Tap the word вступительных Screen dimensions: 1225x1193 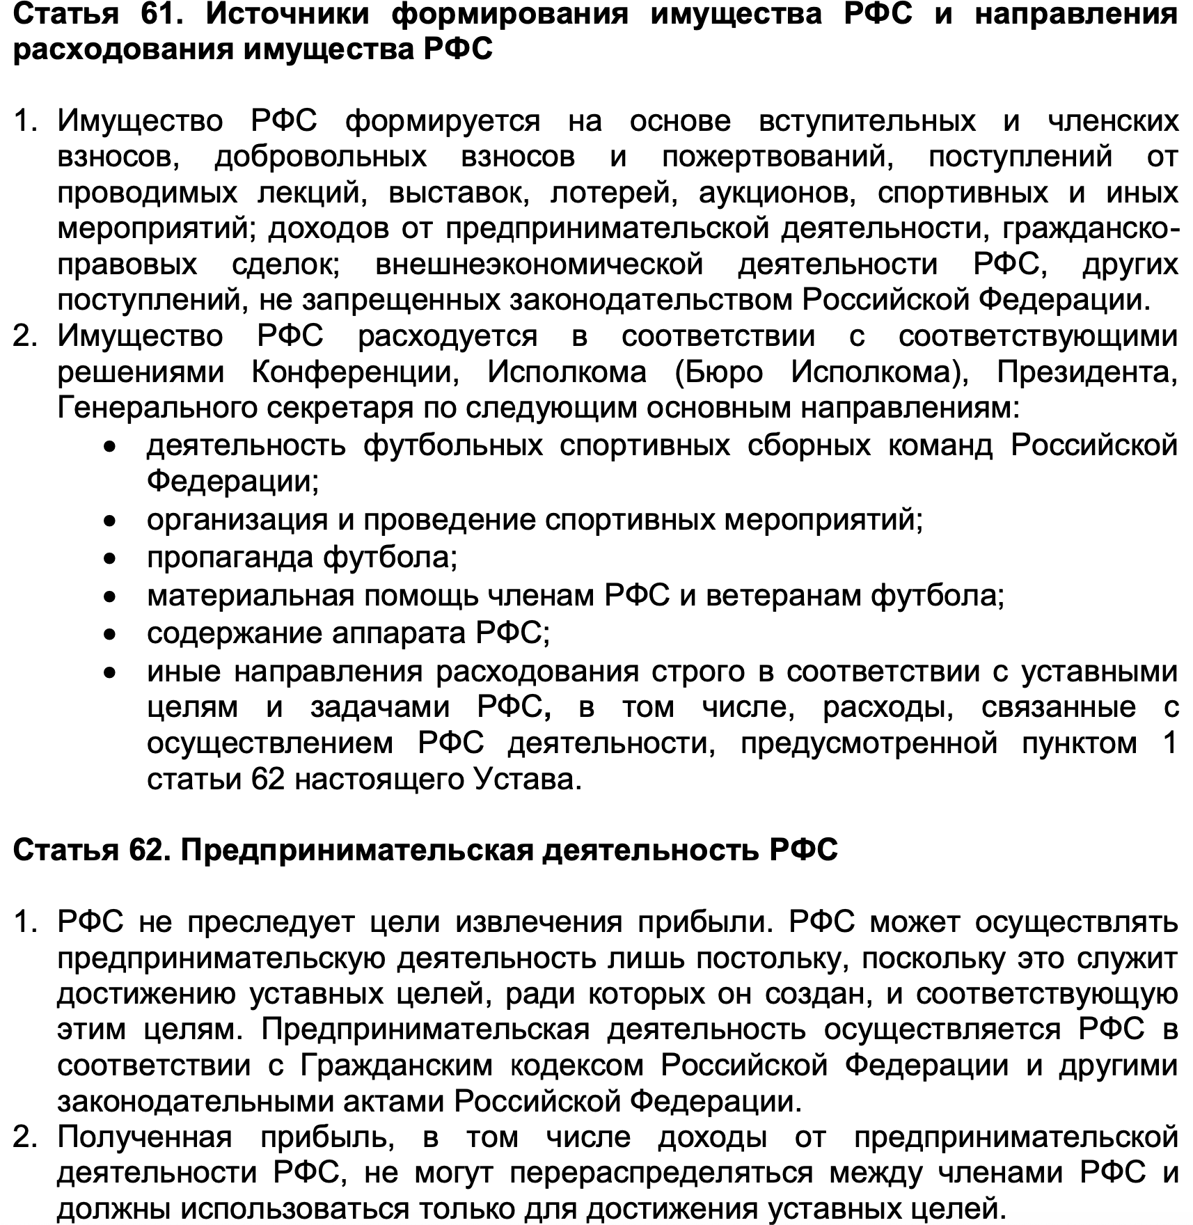(x=867, y=121)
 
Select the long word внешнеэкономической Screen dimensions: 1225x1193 (x=539, y=264)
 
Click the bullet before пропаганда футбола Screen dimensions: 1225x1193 (x=109, y=558)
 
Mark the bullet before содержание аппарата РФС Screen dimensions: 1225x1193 (x=109, y=634)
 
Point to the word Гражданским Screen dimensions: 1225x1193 (x=397, y=1066)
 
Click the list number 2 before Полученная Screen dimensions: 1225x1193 (x=25, y=1137)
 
